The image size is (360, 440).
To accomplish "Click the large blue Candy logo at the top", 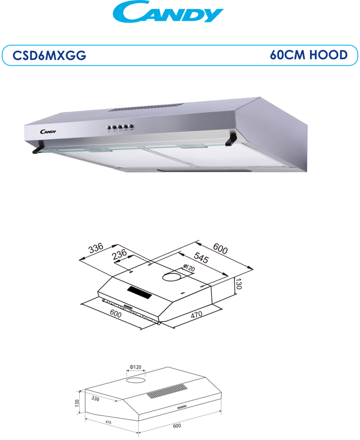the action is click(168, 12).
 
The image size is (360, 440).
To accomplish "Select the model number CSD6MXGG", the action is click(50, 56).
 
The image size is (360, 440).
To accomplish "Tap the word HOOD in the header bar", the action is click(329, 54).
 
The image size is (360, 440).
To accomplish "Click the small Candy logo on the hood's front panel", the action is click(48, 131).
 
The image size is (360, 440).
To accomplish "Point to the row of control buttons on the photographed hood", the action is click(121, 128).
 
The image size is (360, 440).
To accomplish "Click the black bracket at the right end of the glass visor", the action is click(231, 140).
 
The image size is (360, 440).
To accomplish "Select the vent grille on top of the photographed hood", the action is click(146, 107).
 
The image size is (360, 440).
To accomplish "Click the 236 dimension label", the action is click(119, 255).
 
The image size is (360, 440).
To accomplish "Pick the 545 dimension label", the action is click(201, 257).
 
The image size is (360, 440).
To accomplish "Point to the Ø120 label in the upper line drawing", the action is click(189, 268).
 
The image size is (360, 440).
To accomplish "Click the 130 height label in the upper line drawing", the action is click(238, 283).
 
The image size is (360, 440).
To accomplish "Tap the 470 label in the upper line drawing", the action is click(197, 314).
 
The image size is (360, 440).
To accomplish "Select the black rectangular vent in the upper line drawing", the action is click(140, 293).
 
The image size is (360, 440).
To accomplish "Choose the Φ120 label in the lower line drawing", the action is click(135, 367).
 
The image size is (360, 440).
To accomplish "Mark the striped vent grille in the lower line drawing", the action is click(167, 391).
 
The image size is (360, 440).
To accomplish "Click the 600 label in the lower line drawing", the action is click(177, 426).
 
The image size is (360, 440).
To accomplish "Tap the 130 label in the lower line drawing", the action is click(77, 403).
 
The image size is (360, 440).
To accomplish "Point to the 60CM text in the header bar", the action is click(287, 54).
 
